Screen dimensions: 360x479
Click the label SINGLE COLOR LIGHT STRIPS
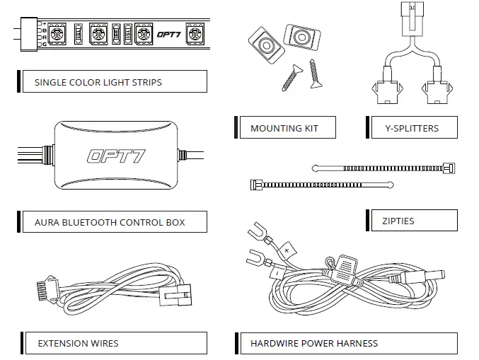click(x=98, y=82)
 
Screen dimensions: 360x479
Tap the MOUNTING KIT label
click(x=284, y=129)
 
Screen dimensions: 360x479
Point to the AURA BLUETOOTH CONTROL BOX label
click(x=110, y=222)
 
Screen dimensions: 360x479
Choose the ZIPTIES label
click(x=397, y=221)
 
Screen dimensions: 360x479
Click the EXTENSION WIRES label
click(x=78, y=344)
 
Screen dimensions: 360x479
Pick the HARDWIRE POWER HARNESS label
click(x=314, y=344)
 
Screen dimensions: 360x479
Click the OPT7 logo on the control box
click(x=116, y=156)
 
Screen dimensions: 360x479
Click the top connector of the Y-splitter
click(x=414, y=13)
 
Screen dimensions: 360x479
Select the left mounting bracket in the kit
click(x=265, y=47)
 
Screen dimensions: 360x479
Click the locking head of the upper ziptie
click(x=447, y=168)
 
